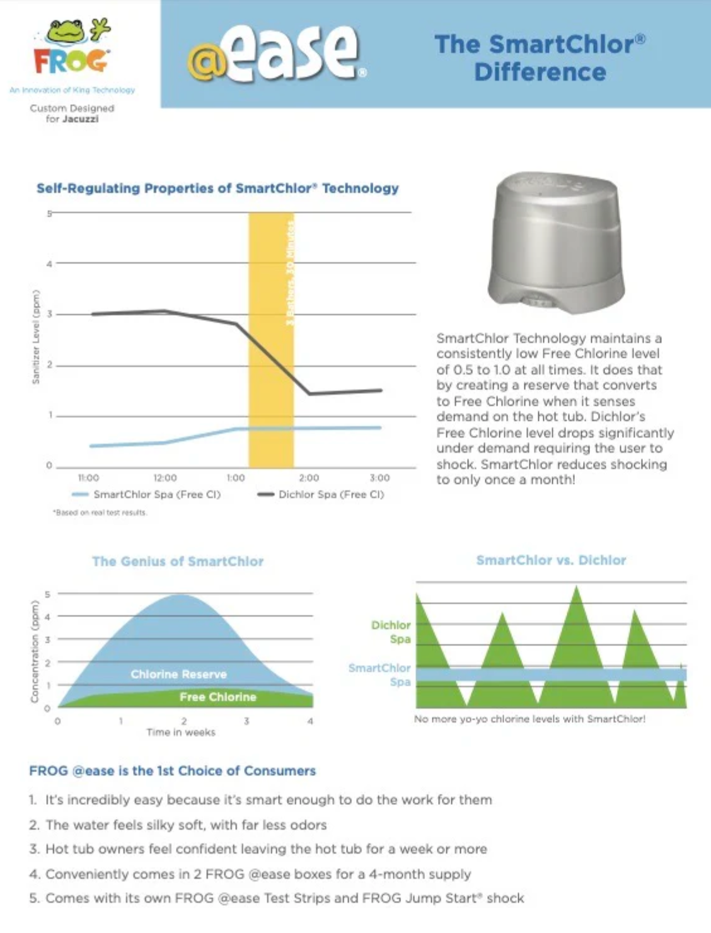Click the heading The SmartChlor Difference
(x=540, y=58)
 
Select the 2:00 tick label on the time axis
(x=308, y=478)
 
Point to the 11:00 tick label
(x=88, y=478)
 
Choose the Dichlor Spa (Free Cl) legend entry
(x=321, y=494)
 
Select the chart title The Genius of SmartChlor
(x=178, y=561)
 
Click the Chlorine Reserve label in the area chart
(x=178, y=674)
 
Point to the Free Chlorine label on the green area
(x=217, y=697)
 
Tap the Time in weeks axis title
(x=181, y=732)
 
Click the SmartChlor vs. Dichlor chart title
(x=551, y=560)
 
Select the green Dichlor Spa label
(x=391, y=632)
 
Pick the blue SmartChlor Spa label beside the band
(x=379, y=675)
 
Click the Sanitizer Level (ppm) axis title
(x=35, y=337)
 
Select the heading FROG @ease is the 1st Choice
(x=172, y=770)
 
